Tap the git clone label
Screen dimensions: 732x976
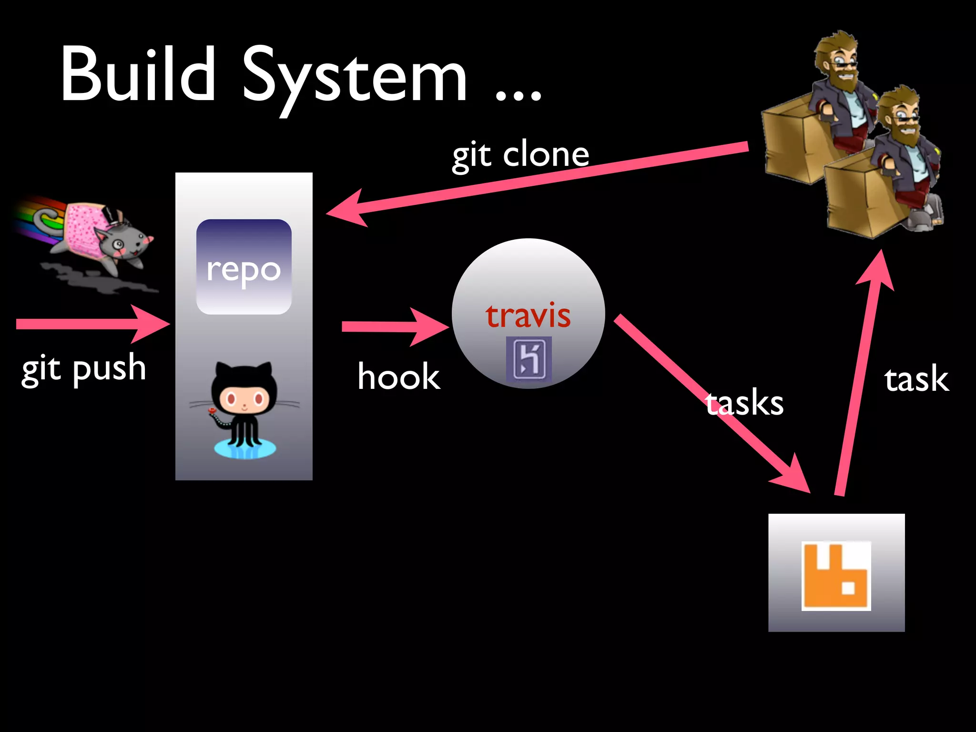tap(520, 155)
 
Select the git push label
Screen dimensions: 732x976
tap(84, 369)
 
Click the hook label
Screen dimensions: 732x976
tap(399, 376)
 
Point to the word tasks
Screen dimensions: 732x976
tap(744, 403)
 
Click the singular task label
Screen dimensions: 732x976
tap(916, 379)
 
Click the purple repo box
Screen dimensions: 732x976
tap(244, 267)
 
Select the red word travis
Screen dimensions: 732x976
tap(528, 315)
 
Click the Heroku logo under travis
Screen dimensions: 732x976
tap(529, 359)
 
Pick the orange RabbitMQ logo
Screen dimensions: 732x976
tap(836, 576)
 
